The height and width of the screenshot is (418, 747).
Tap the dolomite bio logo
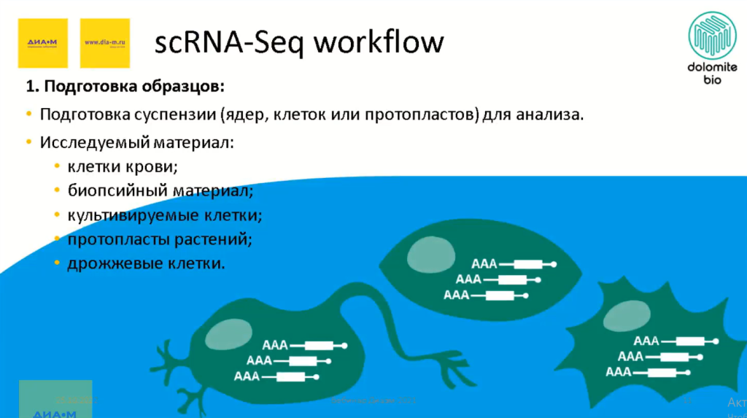tap(712, 48)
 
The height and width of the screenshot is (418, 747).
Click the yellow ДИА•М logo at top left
tap(42, 43)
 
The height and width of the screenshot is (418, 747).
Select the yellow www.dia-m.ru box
tap(105, 43)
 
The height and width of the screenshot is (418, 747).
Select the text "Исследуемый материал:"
tap(137, 142)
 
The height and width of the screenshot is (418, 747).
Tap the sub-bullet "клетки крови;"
tap(123, 166)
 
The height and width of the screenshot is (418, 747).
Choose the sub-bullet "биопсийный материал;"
tap(160, 191)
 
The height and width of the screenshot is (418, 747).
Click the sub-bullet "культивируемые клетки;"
tap(164, 215)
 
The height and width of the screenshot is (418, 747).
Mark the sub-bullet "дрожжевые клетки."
tap(146, 263)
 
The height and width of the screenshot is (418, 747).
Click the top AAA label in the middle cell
tap(485, 264)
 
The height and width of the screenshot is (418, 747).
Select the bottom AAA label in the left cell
tap(247, 376)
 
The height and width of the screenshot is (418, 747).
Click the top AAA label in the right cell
tap(646, 341)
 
